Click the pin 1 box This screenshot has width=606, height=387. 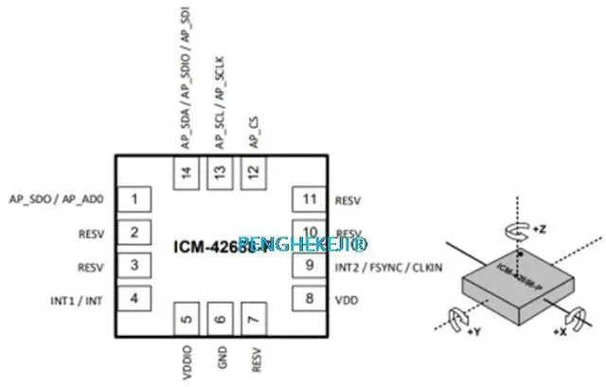click(137, 200)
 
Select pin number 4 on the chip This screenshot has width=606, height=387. click(137, 300)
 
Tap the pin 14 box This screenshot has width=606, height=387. click(186, 170)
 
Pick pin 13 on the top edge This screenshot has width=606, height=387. click(220, 170)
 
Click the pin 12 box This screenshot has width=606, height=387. click(253, 170)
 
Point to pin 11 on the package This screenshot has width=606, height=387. click(308, 200)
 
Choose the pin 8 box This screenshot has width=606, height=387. click(308, 300)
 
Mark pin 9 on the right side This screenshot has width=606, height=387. click(308, 267)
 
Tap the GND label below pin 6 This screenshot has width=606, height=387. click(220, 363)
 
